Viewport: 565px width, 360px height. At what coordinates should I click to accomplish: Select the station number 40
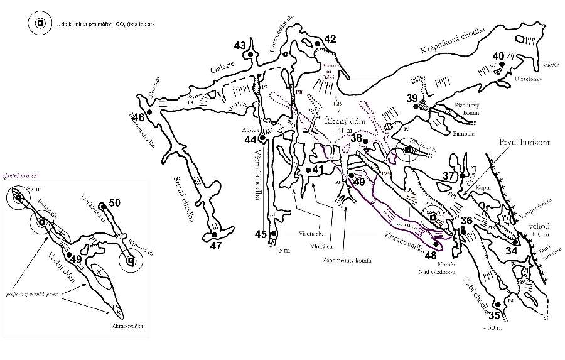pyautogui.click(x=499, y=55)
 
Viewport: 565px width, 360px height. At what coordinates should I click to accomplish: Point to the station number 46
pyautogui.click(x=139, y=117)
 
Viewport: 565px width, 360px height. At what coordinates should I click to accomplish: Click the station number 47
pyautogui.click(x=216, y=246)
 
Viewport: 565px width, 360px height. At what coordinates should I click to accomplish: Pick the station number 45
pyautogui.click(x=261, y=234)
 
